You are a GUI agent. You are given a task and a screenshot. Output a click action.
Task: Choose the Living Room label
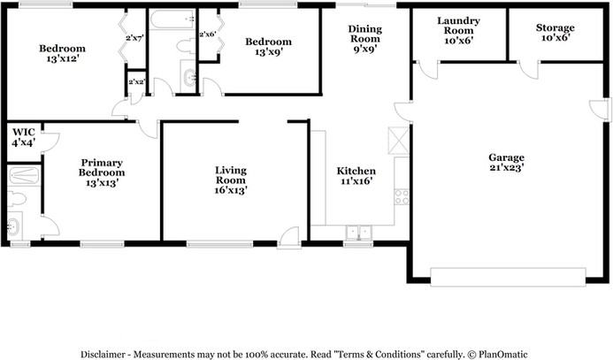click(x=230, y=179)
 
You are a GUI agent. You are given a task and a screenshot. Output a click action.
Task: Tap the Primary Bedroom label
click(x=102, y=172)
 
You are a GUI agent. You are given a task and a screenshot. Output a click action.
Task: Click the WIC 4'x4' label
click(x=22, y=137)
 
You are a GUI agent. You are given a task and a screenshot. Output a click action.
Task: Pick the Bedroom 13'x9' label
click(x=268, y=48)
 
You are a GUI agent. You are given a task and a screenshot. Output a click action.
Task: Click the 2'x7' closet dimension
click(x=134, y=38)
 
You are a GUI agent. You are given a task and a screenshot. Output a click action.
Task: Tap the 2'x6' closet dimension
click(x=208, y=34)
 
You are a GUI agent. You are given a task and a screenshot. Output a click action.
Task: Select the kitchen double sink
click(x=358, y=233)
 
